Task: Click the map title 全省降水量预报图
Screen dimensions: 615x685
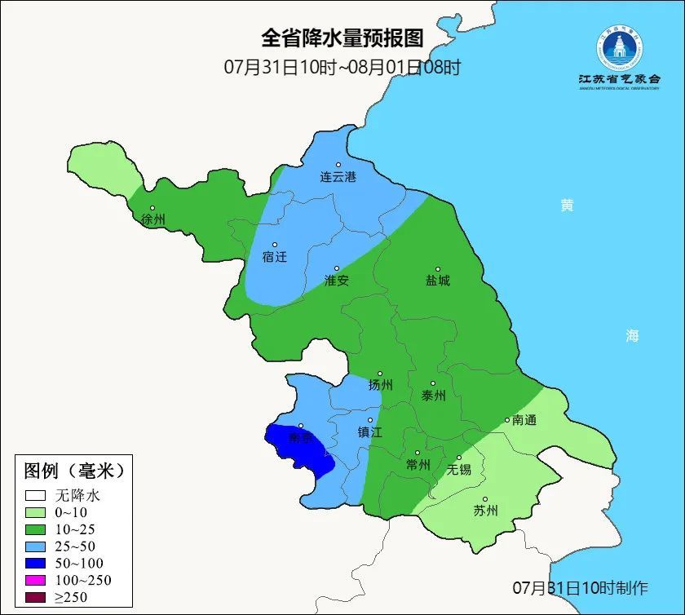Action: pyautogui.click(x=342, y=38)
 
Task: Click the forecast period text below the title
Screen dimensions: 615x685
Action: pyautogui.click(x=342, y=67)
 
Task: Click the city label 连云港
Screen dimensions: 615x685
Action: pyautogui.click(x=338, y=177)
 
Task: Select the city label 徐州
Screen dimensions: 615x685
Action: pyautogui.click(x=152, y=220)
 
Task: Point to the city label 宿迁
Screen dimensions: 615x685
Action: pyautogui.click(x=275, y=257)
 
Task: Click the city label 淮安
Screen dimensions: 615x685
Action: pyautogui.click(x=337, y=281)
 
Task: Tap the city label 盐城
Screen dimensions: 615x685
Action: pyautogui.click(x=437, y=281)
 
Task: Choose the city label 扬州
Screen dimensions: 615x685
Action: pyautogui.click(x=381, y=386)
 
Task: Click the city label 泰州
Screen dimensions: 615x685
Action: pyautogui.click(x=434, y=396)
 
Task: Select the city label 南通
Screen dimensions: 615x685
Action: pyautogui.click(x=524, y=421)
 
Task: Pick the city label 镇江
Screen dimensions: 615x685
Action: pyautogui.click(x=370, y=433)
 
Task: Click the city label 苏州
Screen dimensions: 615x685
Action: pyautogui.click(x=485, y=511)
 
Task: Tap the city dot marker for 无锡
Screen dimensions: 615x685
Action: pyautogui.click(x=459, y=458)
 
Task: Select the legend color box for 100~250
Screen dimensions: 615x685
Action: pyautogui.click(x=35, y=580)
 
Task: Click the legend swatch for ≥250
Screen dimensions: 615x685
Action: pyautogui.click(x=35, y=597)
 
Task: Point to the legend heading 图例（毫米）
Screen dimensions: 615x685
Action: pyautogui.click(x=73, y=471)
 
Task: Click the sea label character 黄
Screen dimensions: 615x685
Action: pyautogui.click(x=566, y=206)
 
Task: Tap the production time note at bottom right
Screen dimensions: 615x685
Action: pyautogui.click(x=580, y=587)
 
